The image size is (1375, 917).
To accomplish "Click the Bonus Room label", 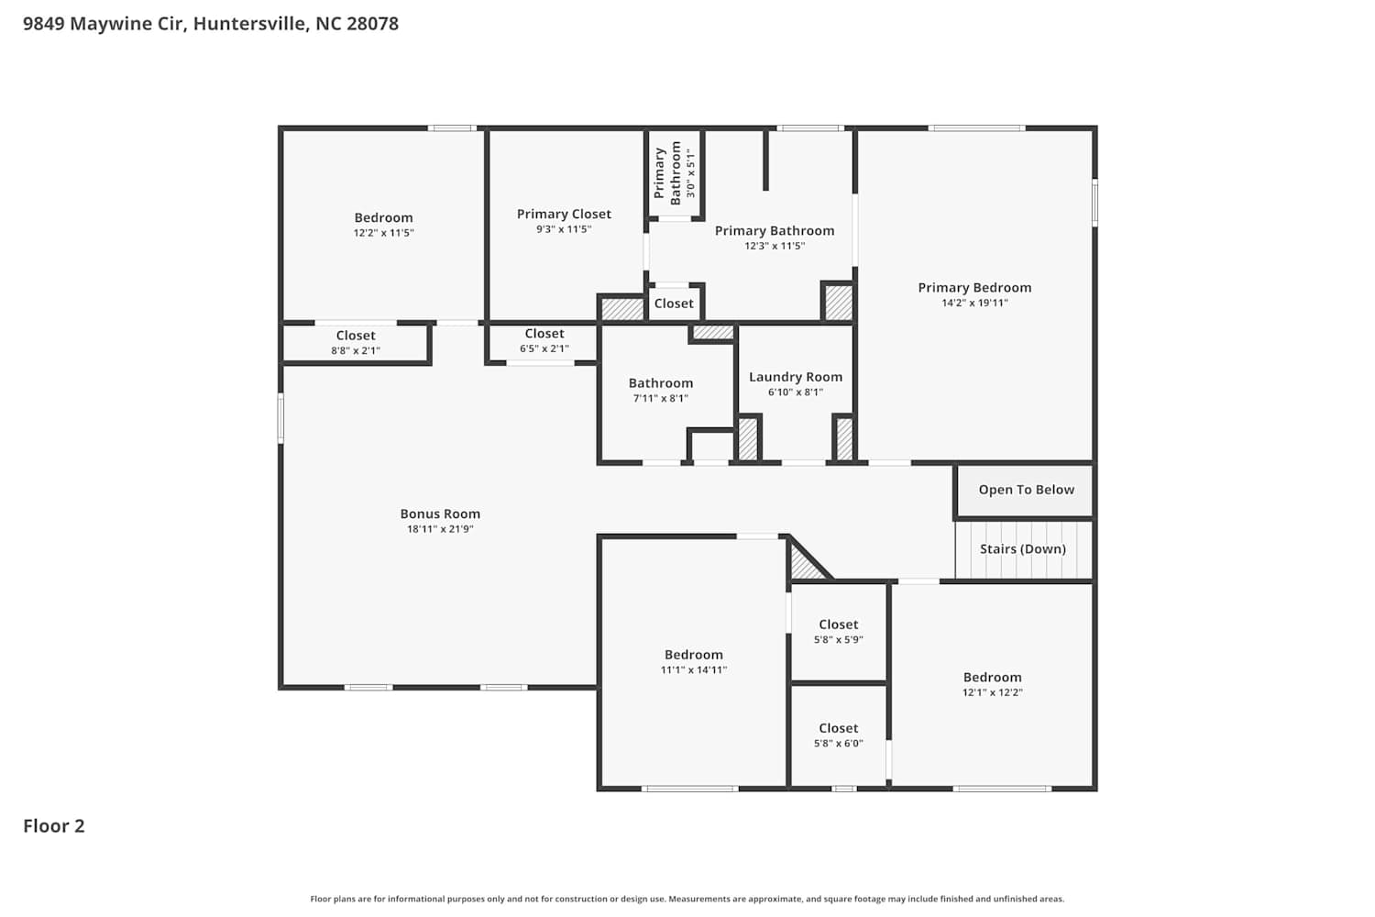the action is (440, 514).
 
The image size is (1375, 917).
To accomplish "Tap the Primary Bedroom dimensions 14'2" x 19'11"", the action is (974, 303).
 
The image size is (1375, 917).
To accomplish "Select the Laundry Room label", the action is (796, 377).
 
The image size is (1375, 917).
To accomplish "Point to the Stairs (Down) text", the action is (1023, 549).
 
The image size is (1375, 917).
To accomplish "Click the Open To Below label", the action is (1027, 490).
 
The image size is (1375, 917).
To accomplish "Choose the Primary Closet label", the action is (564, 214).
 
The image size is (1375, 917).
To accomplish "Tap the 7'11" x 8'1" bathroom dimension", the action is (661, 399).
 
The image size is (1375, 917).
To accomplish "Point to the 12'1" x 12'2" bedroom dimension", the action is (993, 692).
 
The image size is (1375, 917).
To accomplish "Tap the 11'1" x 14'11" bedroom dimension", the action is (694, 670).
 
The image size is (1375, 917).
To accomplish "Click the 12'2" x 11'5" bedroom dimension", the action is (384, 233).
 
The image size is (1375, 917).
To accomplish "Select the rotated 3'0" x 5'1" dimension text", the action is (691, 172).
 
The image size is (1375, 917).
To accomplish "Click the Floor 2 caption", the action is (54, 825).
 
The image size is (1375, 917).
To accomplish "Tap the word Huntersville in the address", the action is (249, 23).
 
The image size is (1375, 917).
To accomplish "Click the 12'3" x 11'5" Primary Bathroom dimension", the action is (775, 247).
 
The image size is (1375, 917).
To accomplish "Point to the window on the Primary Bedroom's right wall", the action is (1094, 203).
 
